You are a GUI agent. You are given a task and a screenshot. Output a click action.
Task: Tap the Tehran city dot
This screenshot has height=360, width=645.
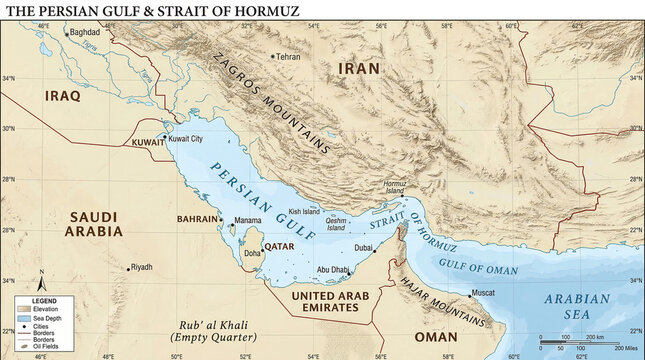click(x=274, y=57)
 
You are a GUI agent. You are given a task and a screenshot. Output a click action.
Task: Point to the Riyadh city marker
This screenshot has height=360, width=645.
click(x=129, y=268)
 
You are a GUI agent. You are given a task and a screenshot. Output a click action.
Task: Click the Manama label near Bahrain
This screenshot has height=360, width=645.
click(x=248, y=220)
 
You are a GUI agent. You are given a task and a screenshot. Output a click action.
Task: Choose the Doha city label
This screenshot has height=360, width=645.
click(x=252, y=254)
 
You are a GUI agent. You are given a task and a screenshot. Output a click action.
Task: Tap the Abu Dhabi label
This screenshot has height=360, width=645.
click(x=332, y=269)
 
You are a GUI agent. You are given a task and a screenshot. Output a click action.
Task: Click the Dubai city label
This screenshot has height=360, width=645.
click(x=363, y=247)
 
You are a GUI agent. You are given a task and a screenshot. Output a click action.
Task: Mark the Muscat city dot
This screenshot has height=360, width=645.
click(x=470, y=295)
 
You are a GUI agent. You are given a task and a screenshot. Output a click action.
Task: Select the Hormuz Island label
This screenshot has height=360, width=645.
click(x=396, y=187)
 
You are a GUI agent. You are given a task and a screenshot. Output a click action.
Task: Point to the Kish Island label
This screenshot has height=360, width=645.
click(x=303, y=212)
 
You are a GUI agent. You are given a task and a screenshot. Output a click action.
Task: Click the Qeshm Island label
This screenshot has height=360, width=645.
click(x=336, y=224)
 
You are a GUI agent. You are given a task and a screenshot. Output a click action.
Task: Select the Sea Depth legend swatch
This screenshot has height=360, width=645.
click(x=23, y=317)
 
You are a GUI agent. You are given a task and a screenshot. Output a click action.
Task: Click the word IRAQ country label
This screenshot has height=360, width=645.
click(x=62, y=96)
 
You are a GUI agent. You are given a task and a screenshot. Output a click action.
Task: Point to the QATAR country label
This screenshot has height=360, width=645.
click(x=278, y=244)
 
